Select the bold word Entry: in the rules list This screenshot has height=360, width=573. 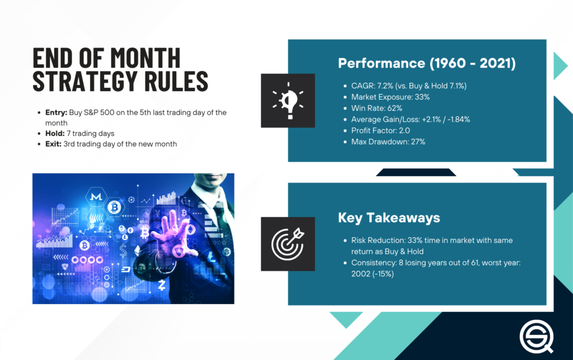pyautogui.click(x=56, y=113)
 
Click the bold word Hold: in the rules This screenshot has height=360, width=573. pyautogui.click(x=55, y=133)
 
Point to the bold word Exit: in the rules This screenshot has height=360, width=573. pyautogui.click(x=55, y=144)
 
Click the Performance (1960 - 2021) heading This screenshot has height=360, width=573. pyautogui.click(x=426, y=63)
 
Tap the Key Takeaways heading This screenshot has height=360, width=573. pyautogui.click(x=389, y=217)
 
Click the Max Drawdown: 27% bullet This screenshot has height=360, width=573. pyautogui.click(x=388, y=142)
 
